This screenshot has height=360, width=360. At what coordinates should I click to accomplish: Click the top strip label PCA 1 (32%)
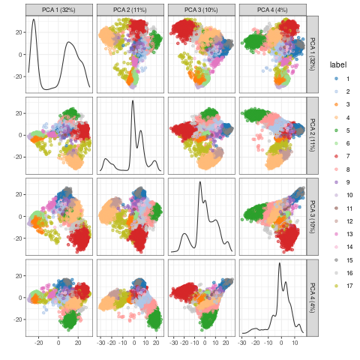(58, 9)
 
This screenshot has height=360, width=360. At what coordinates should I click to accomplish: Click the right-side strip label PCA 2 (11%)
(313, 134)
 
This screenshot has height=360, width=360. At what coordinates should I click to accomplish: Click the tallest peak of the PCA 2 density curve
(133, 101)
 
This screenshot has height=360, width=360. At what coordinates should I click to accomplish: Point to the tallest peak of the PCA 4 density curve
(279, 263)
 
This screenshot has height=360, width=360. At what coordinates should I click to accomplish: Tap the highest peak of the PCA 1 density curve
(34, 20)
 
